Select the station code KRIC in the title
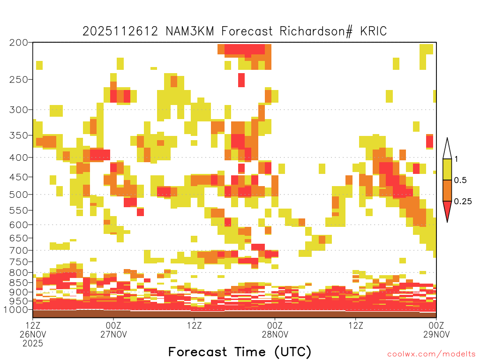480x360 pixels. click(374, 31)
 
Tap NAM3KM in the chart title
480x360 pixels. click(190, 31)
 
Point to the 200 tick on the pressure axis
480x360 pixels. click(19, 43)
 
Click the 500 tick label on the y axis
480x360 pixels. click(19, 195)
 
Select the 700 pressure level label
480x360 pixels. click(19, 251)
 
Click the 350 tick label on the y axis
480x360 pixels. click(19, 135)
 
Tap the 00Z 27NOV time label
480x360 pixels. click(113, 330)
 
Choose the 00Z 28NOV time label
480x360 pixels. click(275, 330)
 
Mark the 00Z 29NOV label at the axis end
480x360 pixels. click(436, 330)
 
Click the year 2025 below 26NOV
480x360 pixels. click(33, 344)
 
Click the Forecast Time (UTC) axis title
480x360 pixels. click(240, 352)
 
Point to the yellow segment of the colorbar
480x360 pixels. click(447, 169)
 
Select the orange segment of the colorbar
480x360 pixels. click(447, 190)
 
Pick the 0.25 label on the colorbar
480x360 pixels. click(463, 202)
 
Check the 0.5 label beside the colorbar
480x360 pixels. click(460, 180)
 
